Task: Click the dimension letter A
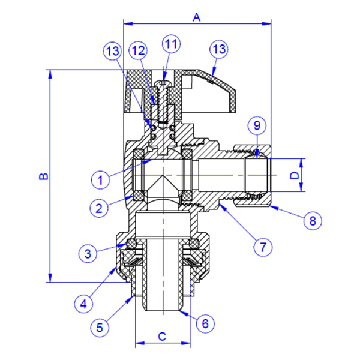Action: [197, 17]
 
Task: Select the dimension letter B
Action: [43, 176]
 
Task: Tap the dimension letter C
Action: [162, 337]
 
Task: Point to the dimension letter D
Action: [295, 176]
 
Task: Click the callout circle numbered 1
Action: [100, 180]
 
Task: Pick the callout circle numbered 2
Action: [99, 208]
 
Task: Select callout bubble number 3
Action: [88, 254]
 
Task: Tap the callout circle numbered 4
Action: [83, 304]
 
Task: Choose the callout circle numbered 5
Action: [100, 328]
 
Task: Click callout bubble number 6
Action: [205, 323]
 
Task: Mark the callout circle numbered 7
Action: [263, 247]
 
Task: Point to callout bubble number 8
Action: [313, 221]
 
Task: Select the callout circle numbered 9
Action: [257, 125]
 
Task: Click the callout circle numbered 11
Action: [171, 44]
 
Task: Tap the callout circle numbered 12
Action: [138, 51]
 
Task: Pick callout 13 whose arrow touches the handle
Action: [219, 49]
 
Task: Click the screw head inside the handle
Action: [163, 83]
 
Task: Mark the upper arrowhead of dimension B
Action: [50, 74]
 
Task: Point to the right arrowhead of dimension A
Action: [267, 23]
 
